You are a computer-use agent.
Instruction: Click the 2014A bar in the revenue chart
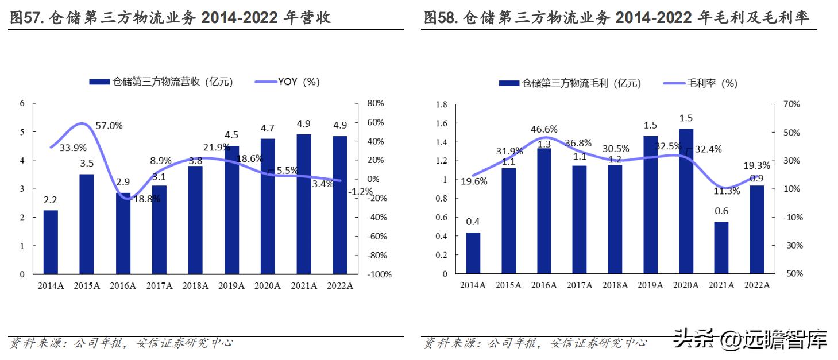pos(51,242)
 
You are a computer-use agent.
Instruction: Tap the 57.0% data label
pos(109,126)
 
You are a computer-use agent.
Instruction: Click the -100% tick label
pos(379,274)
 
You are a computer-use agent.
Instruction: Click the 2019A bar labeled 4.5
pos(231,210)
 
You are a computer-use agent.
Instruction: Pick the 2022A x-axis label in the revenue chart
pos(339,285)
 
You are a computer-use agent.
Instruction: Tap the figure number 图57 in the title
pos(25,18)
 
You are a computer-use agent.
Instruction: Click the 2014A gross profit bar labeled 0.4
pos(473,253)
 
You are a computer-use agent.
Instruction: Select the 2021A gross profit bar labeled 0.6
pos(721,247)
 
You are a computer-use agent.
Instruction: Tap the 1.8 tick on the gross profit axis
pos(442,104)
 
